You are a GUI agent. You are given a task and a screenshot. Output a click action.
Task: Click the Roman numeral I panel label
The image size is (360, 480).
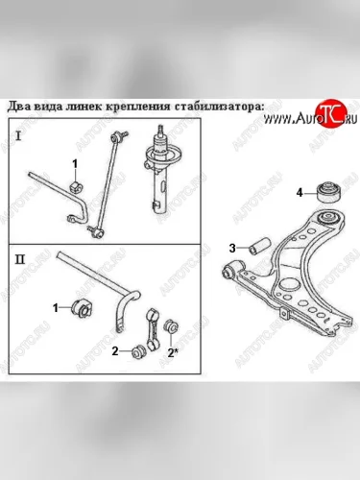tap(18, 137)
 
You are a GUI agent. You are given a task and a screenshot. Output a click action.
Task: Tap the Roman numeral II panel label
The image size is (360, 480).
tap(20, 259)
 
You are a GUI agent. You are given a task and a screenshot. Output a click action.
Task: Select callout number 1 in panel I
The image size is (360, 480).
tap(75, 164)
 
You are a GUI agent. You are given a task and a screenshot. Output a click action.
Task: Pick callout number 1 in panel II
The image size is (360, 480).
tap(56, 308)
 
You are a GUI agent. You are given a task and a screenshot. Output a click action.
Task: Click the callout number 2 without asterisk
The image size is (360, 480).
tap(115, 351)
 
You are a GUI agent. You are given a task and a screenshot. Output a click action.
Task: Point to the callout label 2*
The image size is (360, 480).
tap(173, 352)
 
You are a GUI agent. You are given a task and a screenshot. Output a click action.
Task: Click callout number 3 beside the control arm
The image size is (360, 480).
tap(232, 248)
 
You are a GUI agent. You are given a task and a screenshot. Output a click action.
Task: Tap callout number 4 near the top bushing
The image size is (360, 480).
tap(300, 193)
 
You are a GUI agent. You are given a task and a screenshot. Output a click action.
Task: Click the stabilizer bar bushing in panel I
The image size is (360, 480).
tap(75, 187)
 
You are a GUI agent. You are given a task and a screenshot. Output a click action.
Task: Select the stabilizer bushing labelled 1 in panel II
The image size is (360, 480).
tap(82, 307)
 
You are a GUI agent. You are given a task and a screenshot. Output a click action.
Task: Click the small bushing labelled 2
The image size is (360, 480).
tap(138, 351)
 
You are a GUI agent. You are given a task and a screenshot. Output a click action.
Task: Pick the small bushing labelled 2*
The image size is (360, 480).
tap(171, 326)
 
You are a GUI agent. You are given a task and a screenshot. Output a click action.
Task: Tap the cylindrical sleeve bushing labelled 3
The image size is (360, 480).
tap(260, 245)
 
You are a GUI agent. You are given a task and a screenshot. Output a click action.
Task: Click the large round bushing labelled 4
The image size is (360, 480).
tap(329, 192)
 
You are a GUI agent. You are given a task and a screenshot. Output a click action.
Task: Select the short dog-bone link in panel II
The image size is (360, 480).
tap(153, 328)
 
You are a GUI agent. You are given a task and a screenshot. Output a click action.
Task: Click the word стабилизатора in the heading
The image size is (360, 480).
tap(219, 107)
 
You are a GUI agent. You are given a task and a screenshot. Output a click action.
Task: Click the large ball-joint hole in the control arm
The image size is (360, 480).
tap(288, 286)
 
